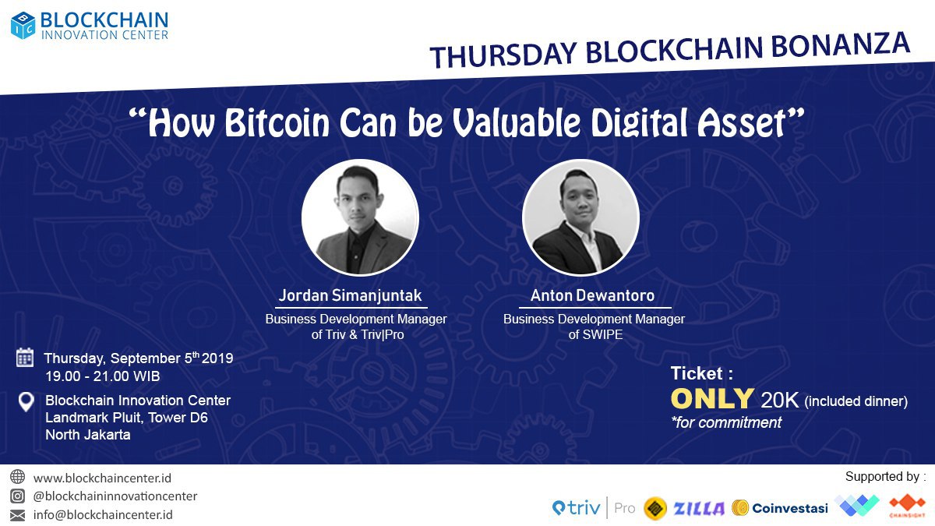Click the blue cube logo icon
pyautogui.click(x=23, y=25)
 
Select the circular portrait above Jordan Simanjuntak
pyautogui.click(x=360, y=217)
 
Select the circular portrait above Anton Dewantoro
pyautogui.click(x=580, y=217)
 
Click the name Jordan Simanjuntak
pyautogui.click(x=350, y=295)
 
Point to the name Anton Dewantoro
pyautogui.click(x=592, y=295)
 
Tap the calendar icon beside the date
pyautogui.click(x=25, y=358)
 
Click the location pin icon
pyautogui.click(x=26, y=401)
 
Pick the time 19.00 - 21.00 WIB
pyautogui.click(x=103, y=376)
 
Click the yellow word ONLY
pyautogui.click(x=712, y=399)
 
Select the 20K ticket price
pyautogui.click(x=780, y=400)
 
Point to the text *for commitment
pyautogui.click(x=726, y=422)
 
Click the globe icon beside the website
pyautogui.click(x=17, y=477)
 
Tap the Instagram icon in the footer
pyautogui.click(x=17, y=496)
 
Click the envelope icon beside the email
pyautogui.click(x=17, y=515)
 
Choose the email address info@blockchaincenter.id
pyautogui.click(x=103, y=514)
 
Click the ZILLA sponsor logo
pyautogui.click(x=699, y=508)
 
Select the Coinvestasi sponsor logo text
pyautogui.click(x=790, y=508)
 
